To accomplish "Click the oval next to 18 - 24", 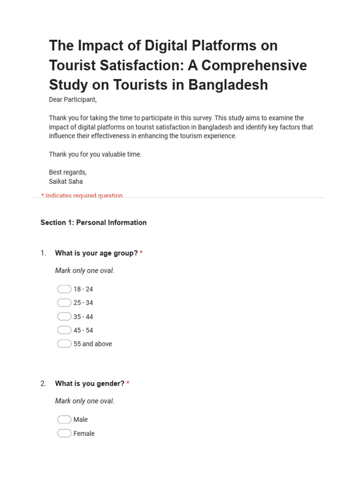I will click(x=64, y=289).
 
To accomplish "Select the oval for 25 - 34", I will click(x=64, y=303).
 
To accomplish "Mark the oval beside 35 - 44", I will click(x=64, y=316).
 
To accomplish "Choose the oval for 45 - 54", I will click(x=64, y=330).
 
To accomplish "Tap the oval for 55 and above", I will click(x=64, y=344).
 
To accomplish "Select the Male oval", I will click(x=64, y=420).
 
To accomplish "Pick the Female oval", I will click(x=64, y=433).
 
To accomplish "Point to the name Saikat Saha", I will click(x=66, y=181).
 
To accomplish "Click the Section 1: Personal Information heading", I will click(x=93, y=223).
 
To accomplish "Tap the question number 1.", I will click(x=43, y=253).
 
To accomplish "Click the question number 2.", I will click(x=43, y=383).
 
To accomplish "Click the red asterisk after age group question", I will click(x=141, y=253).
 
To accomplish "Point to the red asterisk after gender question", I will click(x=128, y=383).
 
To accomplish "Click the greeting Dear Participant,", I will click(x=73, y=100).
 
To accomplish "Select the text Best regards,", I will click(x=67, y=172).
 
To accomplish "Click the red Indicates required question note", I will click(x=82, y=195).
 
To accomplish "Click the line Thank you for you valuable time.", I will click(x=95, y=154).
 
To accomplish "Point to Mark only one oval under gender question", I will click(x=84, y=401).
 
